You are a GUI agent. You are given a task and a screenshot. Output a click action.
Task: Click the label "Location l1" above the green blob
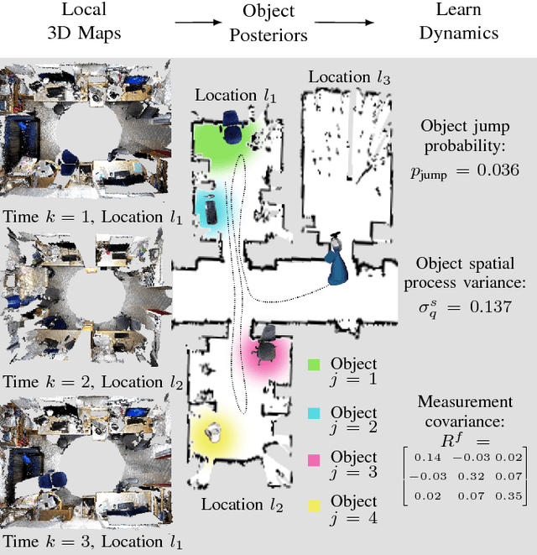point(235,95)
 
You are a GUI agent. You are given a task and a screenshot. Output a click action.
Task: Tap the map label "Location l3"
point(350,78)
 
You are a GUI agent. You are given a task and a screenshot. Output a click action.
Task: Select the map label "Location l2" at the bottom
point(241,505)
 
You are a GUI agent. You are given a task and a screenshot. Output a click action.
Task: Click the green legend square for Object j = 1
point(315,364)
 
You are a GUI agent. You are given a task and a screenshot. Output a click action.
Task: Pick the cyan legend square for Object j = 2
point(315,412)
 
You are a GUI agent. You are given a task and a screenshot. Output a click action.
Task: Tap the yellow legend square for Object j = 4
point(315,503)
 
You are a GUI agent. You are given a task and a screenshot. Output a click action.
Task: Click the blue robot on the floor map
point(338,262)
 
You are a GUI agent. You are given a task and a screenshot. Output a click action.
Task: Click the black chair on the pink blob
point(267,343)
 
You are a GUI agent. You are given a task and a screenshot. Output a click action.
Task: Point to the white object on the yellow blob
point(213,431)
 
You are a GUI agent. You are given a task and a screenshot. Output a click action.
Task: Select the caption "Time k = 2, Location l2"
point(92,381)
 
